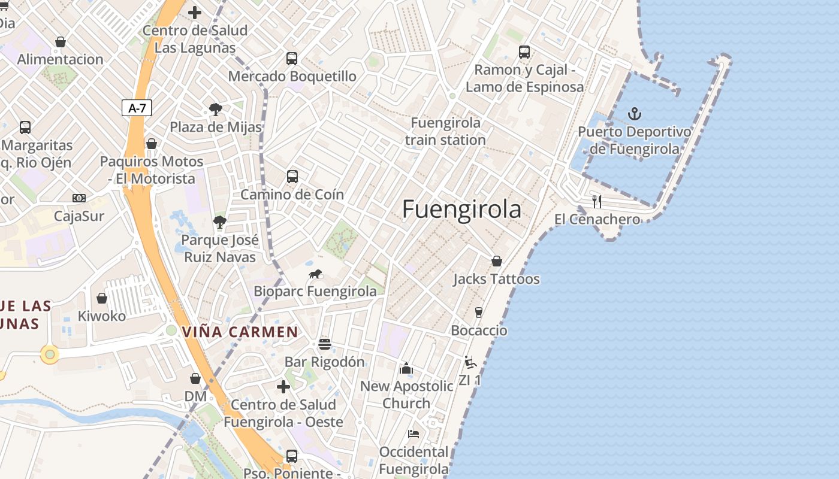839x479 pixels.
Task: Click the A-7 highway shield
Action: coord(137,108)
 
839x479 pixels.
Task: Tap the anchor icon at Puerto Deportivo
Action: coord(634,113)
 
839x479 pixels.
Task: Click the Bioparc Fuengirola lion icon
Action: coord(315,274)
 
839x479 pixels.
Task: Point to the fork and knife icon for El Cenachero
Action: coord(596,201)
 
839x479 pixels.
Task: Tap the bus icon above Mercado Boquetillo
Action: coord(292,59)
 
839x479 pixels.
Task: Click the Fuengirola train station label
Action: coord(445,131)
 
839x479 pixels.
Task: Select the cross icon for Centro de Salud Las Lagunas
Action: coord(195,12)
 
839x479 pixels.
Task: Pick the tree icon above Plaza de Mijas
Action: coord(216,110)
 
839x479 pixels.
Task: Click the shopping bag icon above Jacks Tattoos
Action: coord(496,261)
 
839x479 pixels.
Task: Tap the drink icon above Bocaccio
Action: coord(478,312)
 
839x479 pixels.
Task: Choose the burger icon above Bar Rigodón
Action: coord(325,344)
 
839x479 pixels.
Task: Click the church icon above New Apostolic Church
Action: coord(406,368)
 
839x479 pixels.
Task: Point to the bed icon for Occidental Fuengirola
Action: coord(414,433)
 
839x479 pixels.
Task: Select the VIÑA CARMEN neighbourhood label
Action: coord(240,332)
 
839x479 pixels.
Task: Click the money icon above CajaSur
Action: coord(79,198)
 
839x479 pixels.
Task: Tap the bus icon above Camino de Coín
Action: coord(292,177)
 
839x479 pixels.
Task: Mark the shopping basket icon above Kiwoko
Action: coord(102,298)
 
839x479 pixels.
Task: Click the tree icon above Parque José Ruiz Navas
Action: coord(220,222)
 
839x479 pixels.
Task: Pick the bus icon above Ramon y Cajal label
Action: coord(524,52)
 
